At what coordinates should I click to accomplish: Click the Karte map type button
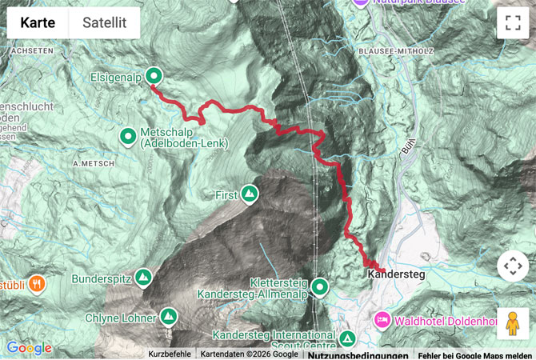[38, 23]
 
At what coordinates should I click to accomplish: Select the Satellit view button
[104, 23]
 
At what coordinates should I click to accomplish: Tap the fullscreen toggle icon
[512, 23]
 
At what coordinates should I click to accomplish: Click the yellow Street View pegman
[512, 322]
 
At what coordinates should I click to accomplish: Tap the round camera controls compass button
[512, 266]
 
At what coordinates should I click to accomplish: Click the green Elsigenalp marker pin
[154, 77]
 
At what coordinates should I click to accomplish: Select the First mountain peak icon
[250, 194]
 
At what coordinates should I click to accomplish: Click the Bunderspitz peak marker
[144, 278]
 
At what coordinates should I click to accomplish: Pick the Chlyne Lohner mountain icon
[169, 317]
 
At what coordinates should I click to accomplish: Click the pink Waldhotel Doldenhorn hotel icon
[382, 319]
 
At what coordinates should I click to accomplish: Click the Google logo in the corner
[29, 348]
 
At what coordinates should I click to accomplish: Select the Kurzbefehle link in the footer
[170, 354]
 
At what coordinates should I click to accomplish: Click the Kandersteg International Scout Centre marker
[347, 338]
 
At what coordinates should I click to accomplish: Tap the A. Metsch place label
[89, 163]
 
